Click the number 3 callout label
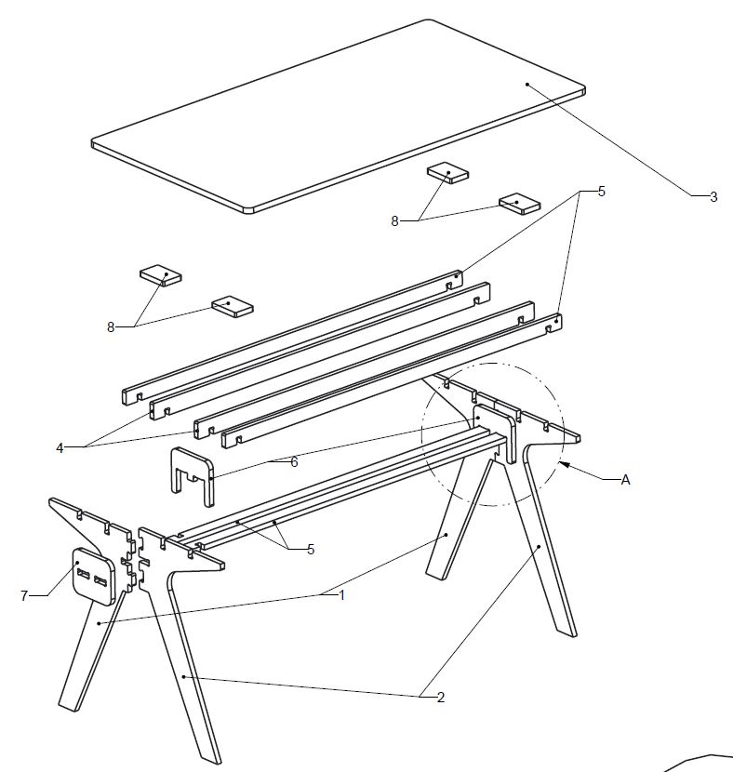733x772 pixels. [713, 197]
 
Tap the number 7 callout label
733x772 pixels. [24, 595]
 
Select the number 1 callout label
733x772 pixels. [341, 595]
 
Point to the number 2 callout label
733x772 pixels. [441, 698]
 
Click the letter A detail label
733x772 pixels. [625, 480]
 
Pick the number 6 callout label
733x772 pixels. [294, 462]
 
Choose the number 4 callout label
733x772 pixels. [60, 448]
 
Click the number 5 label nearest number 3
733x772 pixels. [601, 192]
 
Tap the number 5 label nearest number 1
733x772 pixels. [310, 550]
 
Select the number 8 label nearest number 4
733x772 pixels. [111, 326]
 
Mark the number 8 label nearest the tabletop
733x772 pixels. [394, 221]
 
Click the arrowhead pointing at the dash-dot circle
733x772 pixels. [564, 464]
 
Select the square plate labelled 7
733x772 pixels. [94, 576]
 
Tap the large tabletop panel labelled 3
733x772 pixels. [339, 116]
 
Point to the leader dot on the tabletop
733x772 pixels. [527, 85]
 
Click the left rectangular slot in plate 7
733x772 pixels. [83, 574]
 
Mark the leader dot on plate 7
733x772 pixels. [77, 564]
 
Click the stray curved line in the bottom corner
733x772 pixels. [699, 761]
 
